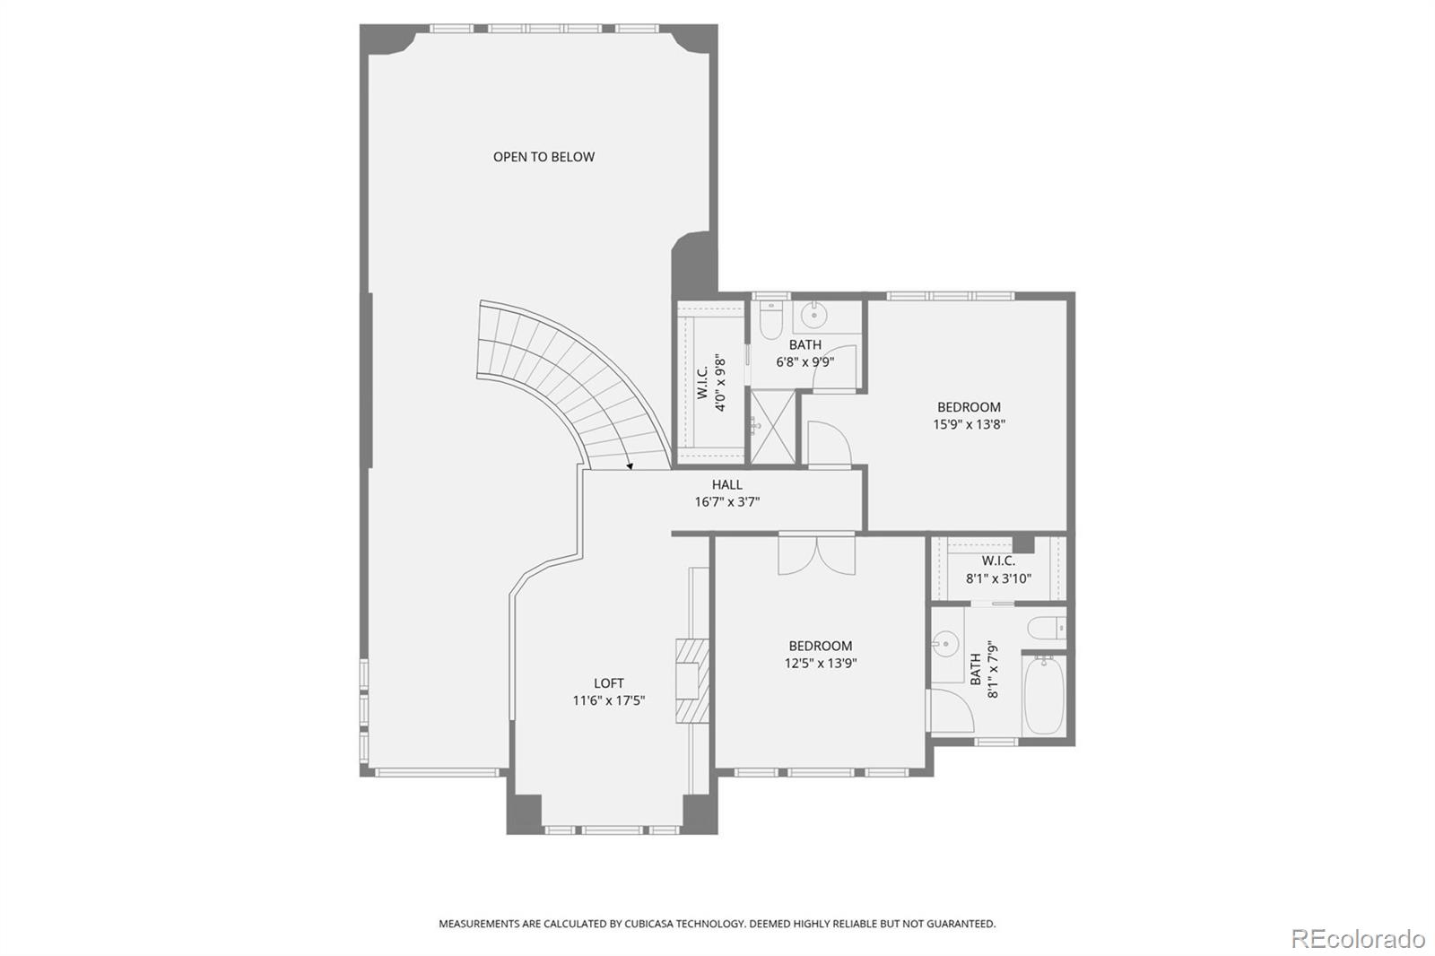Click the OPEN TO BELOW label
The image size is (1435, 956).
pos(544,157)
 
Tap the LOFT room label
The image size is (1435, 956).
pos(608,682)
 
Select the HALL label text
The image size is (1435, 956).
pos(726,484)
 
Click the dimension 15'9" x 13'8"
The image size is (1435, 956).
pos(969,425)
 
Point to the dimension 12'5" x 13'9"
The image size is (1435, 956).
pos(820,664)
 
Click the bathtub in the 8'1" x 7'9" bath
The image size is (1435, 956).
pos(1043,695)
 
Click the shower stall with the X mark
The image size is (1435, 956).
pos(773,427)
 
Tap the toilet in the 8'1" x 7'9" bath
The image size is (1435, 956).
pos(1047,627)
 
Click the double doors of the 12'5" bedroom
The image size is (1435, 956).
pos(816,554)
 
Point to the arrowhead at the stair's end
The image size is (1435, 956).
pos(630,465)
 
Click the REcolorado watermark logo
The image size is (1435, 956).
pos(1357,938)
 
